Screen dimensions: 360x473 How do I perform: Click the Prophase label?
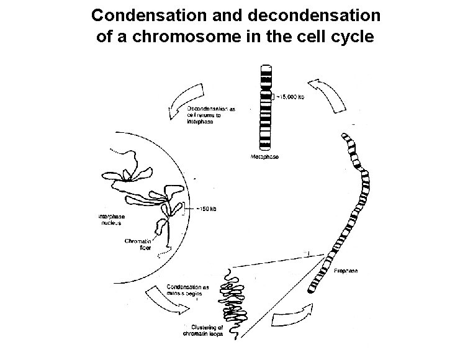pyautogui.click(x=345, y=271)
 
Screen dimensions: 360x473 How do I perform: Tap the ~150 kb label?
pyautogui.click(x=206, y=208)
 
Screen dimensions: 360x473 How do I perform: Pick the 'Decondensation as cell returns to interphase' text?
pyautogui.click(x=212, y=115)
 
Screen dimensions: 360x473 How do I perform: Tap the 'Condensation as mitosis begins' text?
pyautogui.click(x=189, y=292)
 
